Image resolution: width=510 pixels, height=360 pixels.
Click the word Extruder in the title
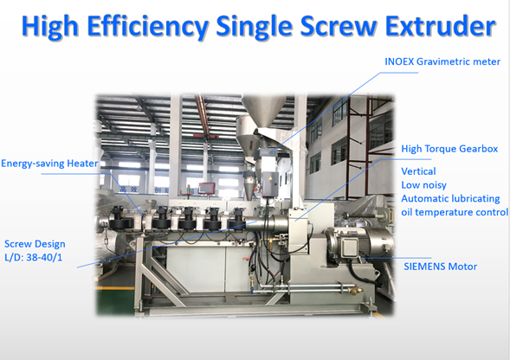click(x=440, y=25)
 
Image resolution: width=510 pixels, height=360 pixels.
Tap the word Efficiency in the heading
click(x=148, y=27)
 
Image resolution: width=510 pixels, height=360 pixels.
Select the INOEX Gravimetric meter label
click(x=442, y=61)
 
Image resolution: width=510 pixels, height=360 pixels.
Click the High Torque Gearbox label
click(x=449, y=149)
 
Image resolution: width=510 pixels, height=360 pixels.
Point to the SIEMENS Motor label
click(x=441, y=267)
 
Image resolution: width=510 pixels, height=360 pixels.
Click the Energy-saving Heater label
click(x=49, y=164)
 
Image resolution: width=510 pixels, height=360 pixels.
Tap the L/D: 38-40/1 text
click(x=33, y=258)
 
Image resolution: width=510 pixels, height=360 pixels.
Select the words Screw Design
click(x=35, y=244)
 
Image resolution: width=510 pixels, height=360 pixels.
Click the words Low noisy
click(x=423, y=185)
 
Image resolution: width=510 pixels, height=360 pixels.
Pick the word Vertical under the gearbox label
click(x=418, y=171)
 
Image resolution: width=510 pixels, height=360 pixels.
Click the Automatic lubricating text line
click(x=450, y=199)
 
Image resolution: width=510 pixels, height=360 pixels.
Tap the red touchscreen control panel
click(x=207, y=188)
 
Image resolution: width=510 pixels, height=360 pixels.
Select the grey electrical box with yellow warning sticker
click(x=270, y=183)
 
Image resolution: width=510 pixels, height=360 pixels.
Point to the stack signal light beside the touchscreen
click(x=188, y=190)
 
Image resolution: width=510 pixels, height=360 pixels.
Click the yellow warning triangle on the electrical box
click(x=270, y=178)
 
